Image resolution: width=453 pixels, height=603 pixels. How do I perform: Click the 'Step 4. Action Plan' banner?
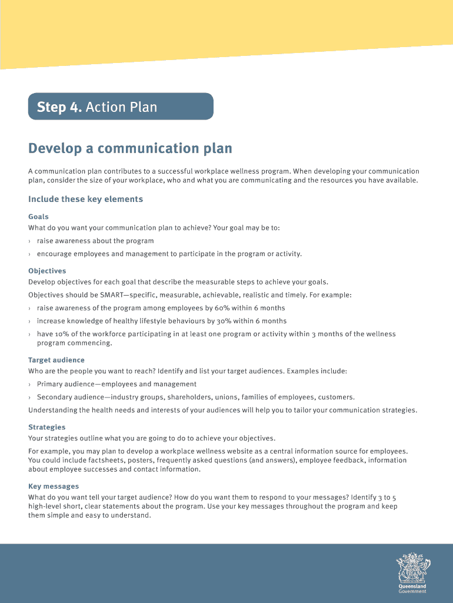120,107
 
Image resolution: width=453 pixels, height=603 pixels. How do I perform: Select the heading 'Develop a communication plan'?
130,148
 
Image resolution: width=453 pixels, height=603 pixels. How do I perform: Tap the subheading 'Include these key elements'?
86,199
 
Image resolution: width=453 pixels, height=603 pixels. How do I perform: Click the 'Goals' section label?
38,217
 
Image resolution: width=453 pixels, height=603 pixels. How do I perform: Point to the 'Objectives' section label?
47,271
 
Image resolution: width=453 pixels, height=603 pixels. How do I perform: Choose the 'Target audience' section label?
56,360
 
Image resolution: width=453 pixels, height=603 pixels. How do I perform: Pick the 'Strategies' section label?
47,427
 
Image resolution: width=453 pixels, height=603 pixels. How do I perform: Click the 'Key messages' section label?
54,486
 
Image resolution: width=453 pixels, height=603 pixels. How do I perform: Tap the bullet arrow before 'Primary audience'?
30,385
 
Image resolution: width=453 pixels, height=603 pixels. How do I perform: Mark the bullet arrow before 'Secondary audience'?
30,397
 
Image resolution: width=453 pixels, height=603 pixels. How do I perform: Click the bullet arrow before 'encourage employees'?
30,254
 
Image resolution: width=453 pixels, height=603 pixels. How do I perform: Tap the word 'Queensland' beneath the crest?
412,587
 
